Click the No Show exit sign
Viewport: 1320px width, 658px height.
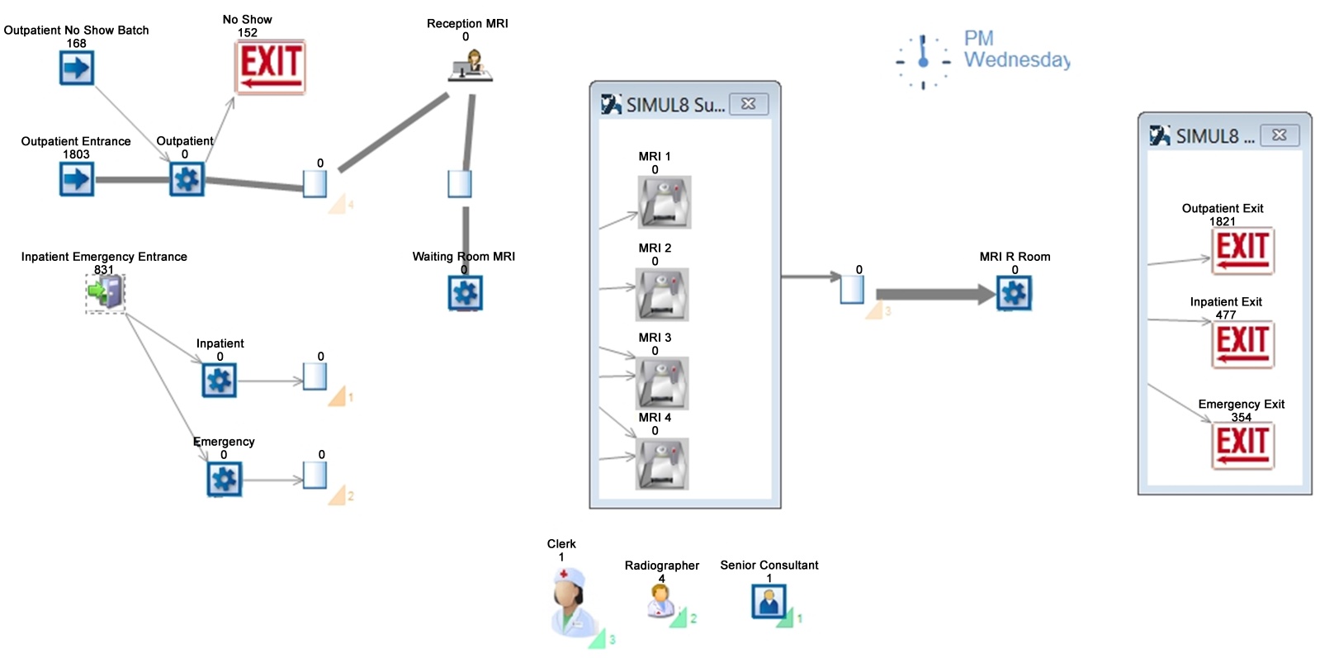click(271, 67)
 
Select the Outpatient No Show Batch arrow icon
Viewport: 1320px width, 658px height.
click(77, 68)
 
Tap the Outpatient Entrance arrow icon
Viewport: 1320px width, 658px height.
click(77, 178)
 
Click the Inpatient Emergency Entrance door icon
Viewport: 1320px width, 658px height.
click(106, 292)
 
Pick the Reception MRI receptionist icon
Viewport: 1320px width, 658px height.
click(471, 65)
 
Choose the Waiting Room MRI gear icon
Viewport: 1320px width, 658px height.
click(465, 292)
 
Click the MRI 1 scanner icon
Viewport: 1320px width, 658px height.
click(664, 201)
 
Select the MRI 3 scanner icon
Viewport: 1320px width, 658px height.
click(662, 382)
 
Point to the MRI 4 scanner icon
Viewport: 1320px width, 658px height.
click(662, 463)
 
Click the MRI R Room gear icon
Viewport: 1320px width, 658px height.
click(1015, 292)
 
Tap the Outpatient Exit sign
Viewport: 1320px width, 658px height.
click(1242, 251)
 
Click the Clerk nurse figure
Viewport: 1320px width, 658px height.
click(572, 601)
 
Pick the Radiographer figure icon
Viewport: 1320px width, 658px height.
click(660, 600)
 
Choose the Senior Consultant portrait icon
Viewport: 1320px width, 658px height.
click(769, 601)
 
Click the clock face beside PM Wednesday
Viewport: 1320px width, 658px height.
click(923, 61)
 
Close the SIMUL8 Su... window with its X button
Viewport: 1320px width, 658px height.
click(749, 104)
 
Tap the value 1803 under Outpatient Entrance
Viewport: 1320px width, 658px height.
click(76, 154)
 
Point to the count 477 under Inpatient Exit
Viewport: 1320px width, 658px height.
click(1226, 315)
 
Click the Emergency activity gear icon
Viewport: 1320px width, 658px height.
click(224, 479)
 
